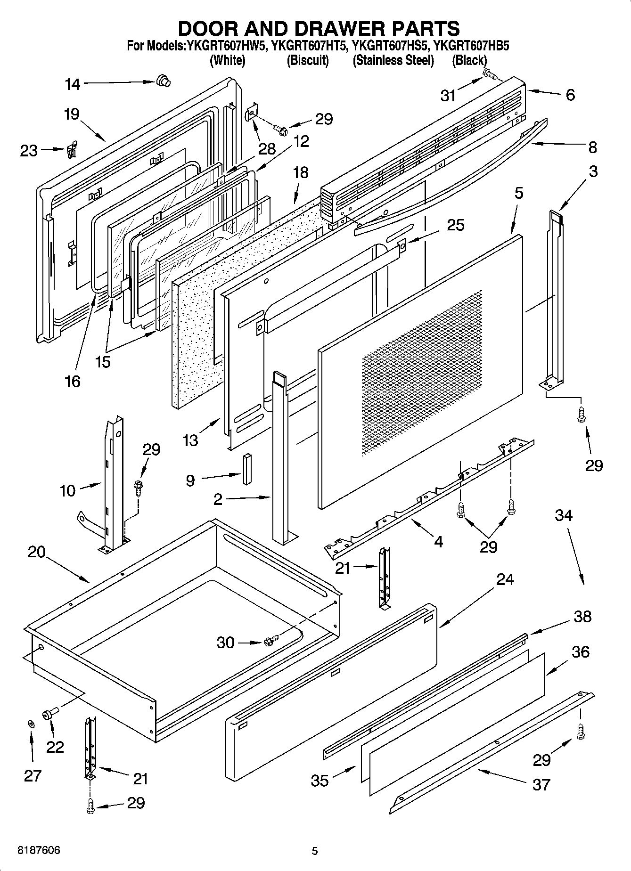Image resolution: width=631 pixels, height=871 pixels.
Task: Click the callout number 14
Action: click(73, 84)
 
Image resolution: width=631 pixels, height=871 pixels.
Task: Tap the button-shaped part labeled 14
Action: click(163, 81)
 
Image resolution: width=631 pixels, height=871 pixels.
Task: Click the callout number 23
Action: click(29, 151)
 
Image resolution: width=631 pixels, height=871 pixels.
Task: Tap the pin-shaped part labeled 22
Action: click(49, 715)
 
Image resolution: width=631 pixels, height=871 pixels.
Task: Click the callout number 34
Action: click(563, 515)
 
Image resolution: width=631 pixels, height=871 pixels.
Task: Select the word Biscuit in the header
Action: click(308, 60)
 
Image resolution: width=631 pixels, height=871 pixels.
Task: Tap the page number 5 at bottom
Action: click(315, 851)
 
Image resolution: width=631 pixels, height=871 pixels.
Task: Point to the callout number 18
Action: click(301, 172)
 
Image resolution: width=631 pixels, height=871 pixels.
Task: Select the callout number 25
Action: click(455, 225)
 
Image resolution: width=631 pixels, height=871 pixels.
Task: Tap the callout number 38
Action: click(582, 616)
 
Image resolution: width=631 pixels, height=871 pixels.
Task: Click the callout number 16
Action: click(73, 381)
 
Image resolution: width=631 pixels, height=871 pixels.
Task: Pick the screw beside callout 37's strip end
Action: click(580, 731)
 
